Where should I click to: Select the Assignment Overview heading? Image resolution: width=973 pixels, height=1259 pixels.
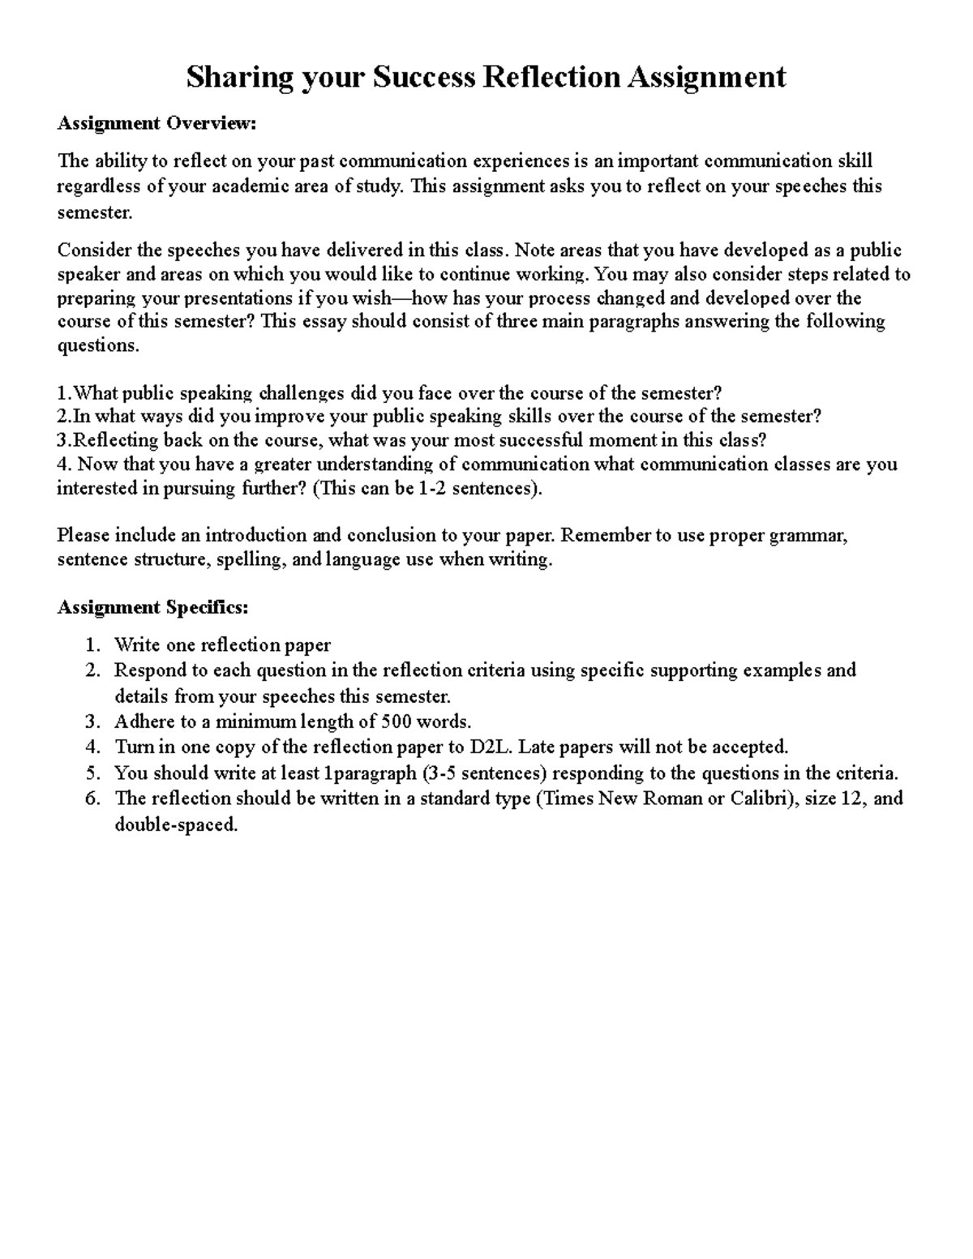(x=156, y=123)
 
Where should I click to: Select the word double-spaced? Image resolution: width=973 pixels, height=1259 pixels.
(x=176, y=825)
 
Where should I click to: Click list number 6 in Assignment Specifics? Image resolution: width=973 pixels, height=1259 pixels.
(x=92, y=799)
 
